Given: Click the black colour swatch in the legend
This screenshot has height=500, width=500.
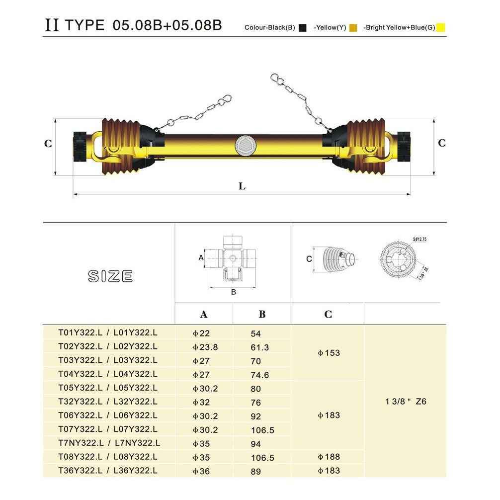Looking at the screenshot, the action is [302, 28].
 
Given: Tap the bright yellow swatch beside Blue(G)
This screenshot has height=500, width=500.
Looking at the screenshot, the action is [440, 27].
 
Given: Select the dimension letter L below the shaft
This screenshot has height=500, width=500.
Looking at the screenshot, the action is [242, 186].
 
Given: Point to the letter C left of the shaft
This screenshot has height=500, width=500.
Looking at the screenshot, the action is [48, 144].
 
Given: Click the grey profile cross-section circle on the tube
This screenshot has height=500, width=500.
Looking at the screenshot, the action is [245, 146].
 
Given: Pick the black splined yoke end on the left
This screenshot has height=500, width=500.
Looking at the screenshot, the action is [80, 146].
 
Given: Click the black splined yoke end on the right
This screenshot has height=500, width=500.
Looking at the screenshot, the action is [404, 146].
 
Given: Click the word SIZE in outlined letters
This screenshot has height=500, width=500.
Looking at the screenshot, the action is [110, 276].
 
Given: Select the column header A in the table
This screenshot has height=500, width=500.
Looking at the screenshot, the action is [203, 315].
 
